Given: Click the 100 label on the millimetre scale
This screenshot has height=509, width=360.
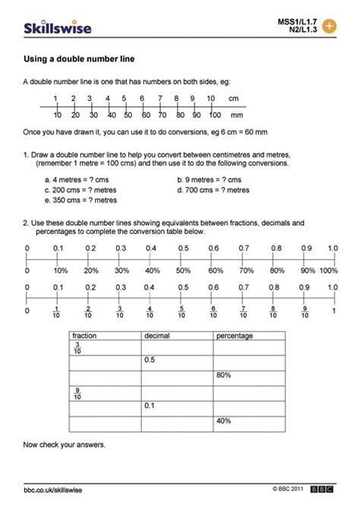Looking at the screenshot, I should coord(215,115).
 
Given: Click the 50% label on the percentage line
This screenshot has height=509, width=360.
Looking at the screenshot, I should coord(183,270).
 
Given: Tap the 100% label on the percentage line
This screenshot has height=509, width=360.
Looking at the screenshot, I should coord(328,270).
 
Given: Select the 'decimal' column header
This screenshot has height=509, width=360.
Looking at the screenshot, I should coord(155,335).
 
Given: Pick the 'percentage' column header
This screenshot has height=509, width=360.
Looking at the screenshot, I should coord(235,335).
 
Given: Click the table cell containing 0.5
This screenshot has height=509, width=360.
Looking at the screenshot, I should coord(176,359).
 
